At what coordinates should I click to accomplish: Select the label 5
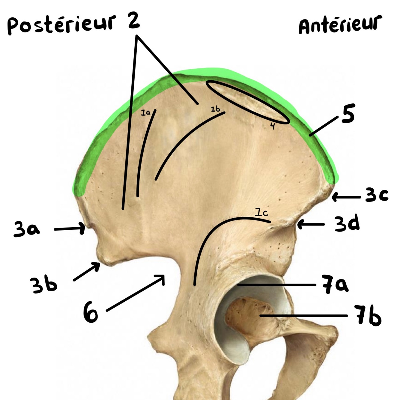pos(348,114)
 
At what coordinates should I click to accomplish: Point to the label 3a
pos(26,230)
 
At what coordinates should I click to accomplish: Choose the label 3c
pos(377,196)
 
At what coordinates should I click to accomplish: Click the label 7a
pos(335,285)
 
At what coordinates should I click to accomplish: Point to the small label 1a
pos(145,113)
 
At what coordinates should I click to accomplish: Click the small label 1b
pos(215,109)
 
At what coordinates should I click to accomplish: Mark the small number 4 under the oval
pos(272,126)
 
